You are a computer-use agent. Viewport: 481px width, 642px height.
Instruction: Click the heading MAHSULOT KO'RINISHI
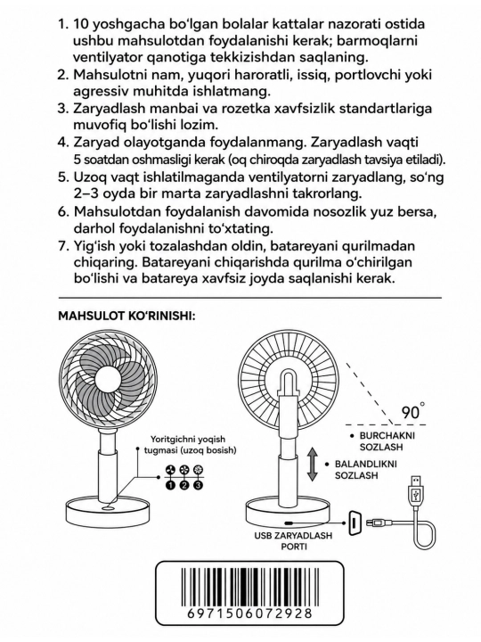pos(126,317)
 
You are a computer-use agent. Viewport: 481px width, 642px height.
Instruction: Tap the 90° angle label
pos(412,411)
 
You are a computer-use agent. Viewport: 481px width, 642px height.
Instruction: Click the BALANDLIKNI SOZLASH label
pos(366,470)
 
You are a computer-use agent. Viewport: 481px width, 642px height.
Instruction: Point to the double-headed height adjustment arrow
pos(313,464)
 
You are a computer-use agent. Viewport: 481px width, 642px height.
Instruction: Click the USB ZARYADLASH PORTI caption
pos(293,540)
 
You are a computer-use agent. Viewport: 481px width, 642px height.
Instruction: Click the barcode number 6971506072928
pos(250,613)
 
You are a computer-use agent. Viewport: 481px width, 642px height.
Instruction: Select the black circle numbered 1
pos(170,485)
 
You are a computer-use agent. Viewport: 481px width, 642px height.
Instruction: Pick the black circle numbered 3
pos(198,485)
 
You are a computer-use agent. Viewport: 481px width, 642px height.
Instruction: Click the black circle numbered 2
pos(184,485)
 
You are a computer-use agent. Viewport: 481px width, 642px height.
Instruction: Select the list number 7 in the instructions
pos(62,246)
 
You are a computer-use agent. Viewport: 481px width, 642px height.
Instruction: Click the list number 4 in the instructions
pos(62,143)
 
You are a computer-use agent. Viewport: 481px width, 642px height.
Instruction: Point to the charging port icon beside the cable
pos(355,523)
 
